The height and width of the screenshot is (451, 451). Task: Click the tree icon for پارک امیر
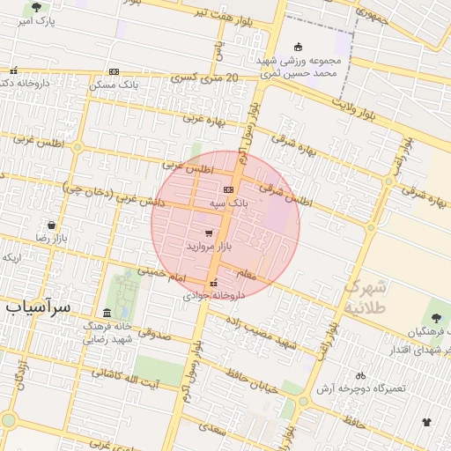(36, 7)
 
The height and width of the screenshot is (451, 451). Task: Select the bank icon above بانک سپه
(229, 189)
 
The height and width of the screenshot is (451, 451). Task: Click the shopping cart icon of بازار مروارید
(208, 233)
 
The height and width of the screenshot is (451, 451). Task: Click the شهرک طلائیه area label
(365, 297)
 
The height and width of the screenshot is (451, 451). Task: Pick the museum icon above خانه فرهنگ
(107, 314)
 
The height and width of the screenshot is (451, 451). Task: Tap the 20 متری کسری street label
(208, 79)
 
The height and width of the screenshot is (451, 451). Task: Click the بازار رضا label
(50, 238)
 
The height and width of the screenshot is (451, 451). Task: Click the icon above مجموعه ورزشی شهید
(298, 47)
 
